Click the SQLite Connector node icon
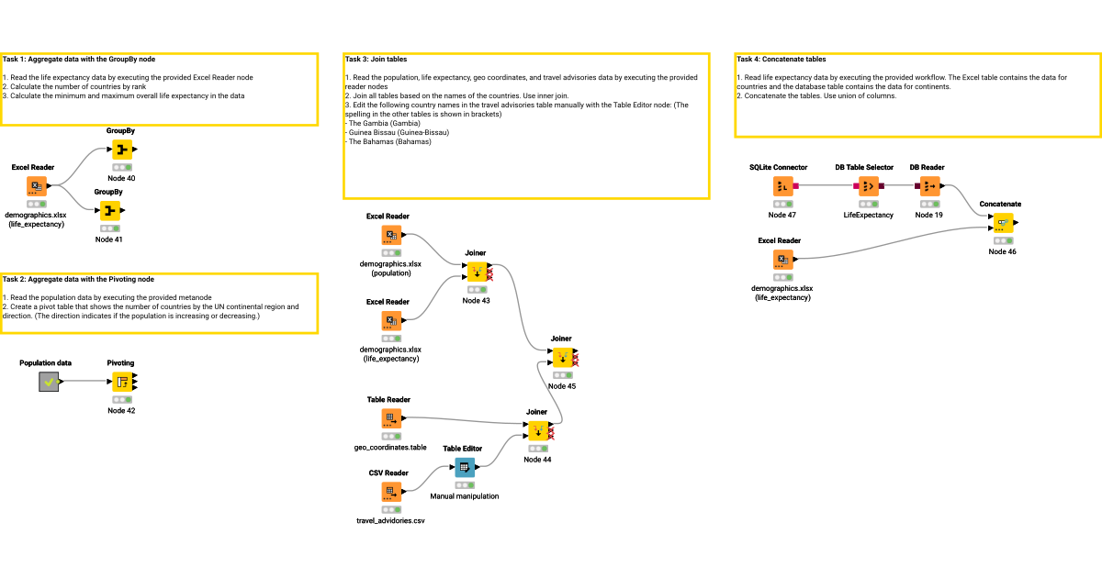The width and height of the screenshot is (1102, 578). [x=782, y=186]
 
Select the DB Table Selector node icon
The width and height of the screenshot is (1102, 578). [x=868, y=186]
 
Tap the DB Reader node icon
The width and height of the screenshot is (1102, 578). [x=929, y=186]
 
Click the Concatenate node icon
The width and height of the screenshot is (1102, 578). [x=1001, y=222]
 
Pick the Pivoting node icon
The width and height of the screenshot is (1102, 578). [x=120, y=382]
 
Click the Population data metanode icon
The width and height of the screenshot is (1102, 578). [x=49, y=382]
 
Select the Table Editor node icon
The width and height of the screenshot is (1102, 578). [x=464, y=467]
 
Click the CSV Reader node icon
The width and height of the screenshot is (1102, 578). [x=391, y=492]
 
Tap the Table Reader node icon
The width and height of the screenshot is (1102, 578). [x=391, y=418]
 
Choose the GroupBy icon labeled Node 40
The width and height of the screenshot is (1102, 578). [x=121, y=150]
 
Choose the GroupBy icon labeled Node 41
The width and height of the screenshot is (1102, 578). [x=108, y=210]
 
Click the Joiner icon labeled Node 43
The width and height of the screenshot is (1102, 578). [x=476, y=272]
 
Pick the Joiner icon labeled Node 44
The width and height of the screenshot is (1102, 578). [x=537, y=430]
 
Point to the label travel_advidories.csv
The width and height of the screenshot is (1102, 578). [x=390, y=521]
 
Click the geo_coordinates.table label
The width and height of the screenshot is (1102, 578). [x=390, y=448]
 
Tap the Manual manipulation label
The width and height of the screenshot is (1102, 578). [x=465, y=496]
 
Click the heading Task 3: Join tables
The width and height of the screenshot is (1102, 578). [x=376, y=59]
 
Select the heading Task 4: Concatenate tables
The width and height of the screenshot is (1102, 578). [x=781, y=59]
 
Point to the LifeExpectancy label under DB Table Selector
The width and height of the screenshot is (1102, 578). [x=868, y=215]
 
